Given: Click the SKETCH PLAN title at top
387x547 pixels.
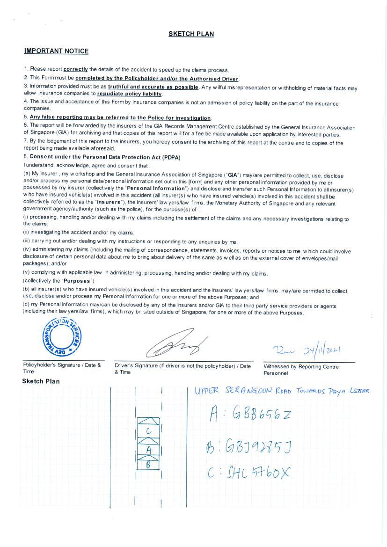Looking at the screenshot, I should point(191,34).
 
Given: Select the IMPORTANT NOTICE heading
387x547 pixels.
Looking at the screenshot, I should point(56,51).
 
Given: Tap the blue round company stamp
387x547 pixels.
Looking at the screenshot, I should point(61,336).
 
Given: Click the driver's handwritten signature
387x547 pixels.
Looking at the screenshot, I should point(176,344).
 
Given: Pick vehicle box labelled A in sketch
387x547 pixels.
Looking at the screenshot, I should point(148,449).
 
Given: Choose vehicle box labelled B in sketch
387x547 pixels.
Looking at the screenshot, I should point(148,465).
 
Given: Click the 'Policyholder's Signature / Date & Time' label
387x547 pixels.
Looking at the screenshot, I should point(62,368).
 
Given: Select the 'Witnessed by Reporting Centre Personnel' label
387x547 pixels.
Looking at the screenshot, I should point(301,370).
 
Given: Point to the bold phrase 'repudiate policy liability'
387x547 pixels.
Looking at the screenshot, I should point(129,94).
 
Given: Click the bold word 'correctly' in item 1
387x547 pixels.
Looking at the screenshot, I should point(75,69).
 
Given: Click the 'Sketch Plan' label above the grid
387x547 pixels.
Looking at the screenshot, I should point(41,381).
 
